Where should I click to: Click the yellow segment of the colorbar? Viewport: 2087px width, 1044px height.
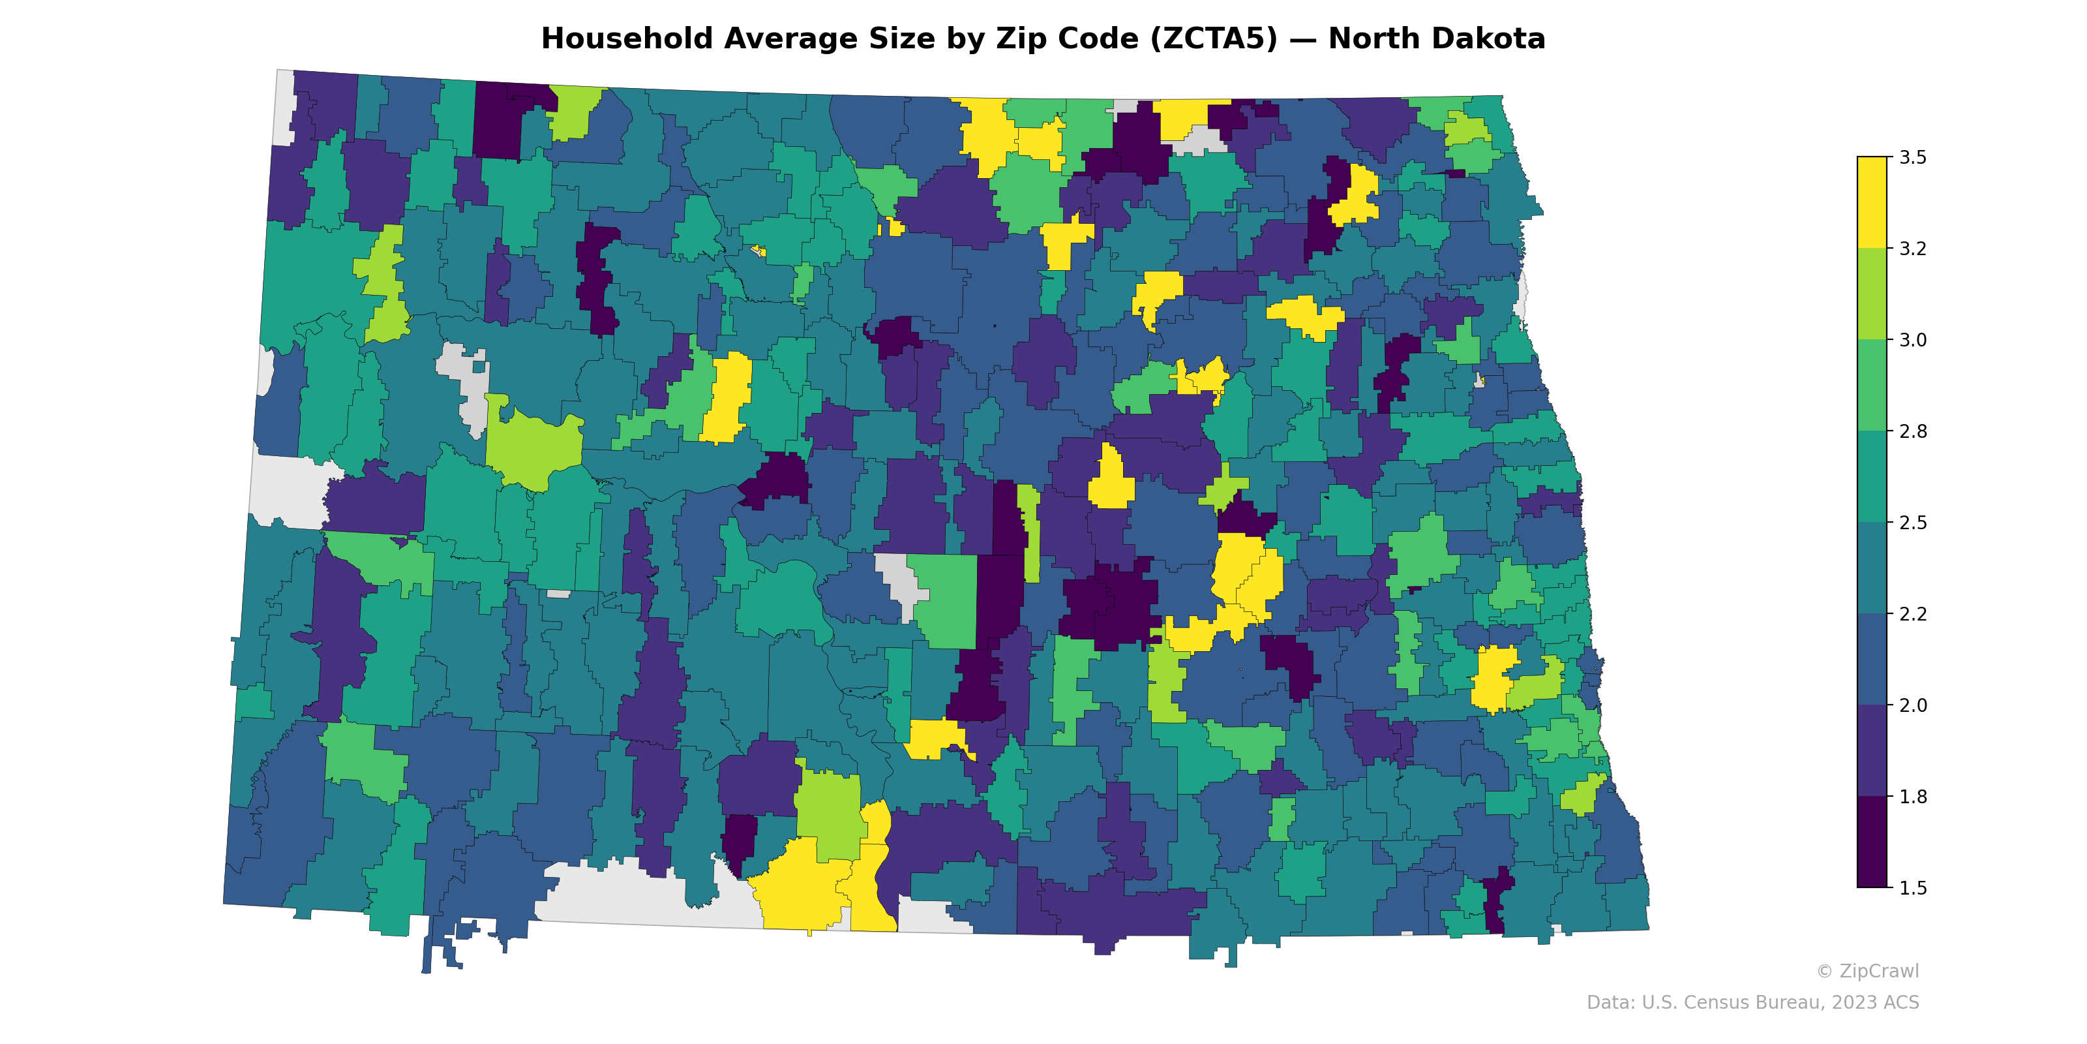[x=1872, y=203]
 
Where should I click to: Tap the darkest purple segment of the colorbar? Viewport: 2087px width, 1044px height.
[x=1872, y=842]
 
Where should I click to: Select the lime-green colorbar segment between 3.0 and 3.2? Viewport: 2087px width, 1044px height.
[x=1872, y=294]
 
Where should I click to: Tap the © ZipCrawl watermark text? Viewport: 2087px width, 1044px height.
[x=1867, y=971]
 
